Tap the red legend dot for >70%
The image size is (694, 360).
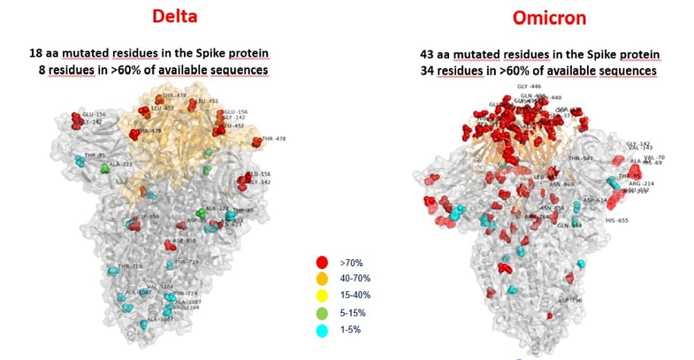click(322, 263)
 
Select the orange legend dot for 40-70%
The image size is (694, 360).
click(322, 280)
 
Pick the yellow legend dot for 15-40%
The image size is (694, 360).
click(322, 296)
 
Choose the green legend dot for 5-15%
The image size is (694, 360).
click(322, 313)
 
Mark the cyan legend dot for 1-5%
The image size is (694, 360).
click(322, 330)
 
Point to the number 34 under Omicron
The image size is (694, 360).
click(429, 70)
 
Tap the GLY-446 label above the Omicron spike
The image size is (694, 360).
click(530, 87)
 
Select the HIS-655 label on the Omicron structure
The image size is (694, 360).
click(616, 220)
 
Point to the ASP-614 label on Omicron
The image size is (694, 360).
click(595, 200)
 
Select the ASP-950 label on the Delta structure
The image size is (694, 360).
click(147, 217)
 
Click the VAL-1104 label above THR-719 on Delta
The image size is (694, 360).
click(160, 287)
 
